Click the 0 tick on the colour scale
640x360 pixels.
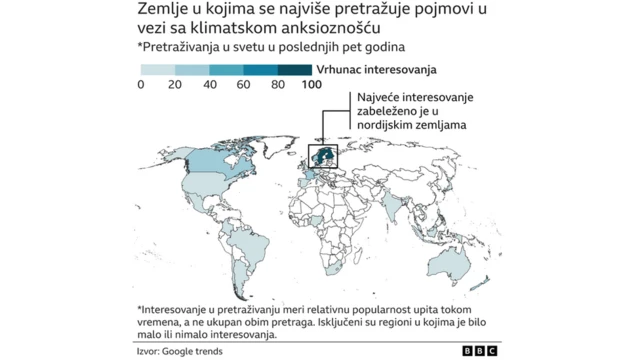[x=141, y=86]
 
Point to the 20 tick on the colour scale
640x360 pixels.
[x=175, y=86]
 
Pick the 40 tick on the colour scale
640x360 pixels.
[x=210, y=86]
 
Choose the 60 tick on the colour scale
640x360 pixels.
[x=244, y=86]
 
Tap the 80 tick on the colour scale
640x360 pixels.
[x=278, y=86]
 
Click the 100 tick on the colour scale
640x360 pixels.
[x=310, y=86]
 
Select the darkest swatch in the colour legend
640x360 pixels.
[x=295, y=70]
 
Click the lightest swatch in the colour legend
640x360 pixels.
[x=158, y=70]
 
